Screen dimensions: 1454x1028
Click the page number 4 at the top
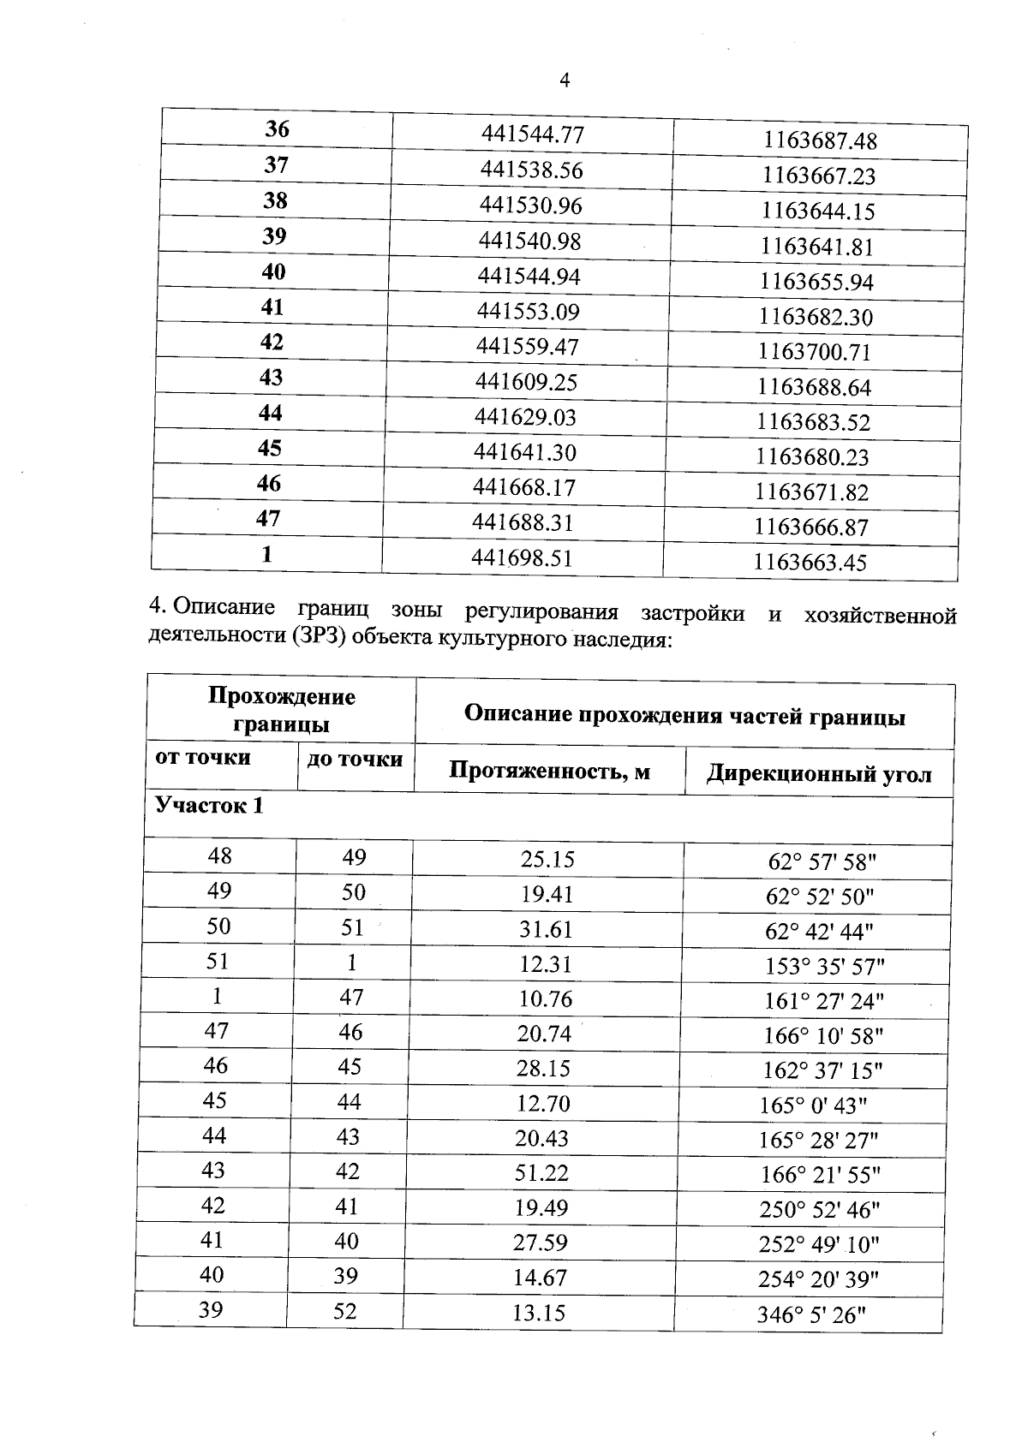pos(564,80)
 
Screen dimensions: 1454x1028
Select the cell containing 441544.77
pos(532,134)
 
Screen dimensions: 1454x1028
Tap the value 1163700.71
pos(814,352)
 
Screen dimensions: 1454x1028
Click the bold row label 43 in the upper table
pos(271,378)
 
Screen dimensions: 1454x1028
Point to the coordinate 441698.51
pos(522,558)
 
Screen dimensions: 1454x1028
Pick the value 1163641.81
pos(816,247)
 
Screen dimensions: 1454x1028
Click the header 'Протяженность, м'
pos(549,772)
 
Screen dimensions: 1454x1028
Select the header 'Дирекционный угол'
pos(818,774)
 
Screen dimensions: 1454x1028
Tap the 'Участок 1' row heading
pos(209,806)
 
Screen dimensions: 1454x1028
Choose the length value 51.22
pos(541,1172)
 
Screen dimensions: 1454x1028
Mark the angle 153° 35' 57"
pos(824,967)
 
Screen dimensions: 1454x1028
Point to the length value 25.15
pos(547,859)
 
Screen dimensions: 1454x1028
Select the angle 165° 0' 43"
pos(813,1105)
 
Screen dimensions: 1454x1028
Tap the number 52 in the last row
pos(344,1311)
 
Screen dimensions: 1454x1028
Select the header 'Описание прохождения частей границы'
pos(684,716)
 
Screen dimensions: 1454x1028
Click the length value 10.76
pos(545,998)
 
